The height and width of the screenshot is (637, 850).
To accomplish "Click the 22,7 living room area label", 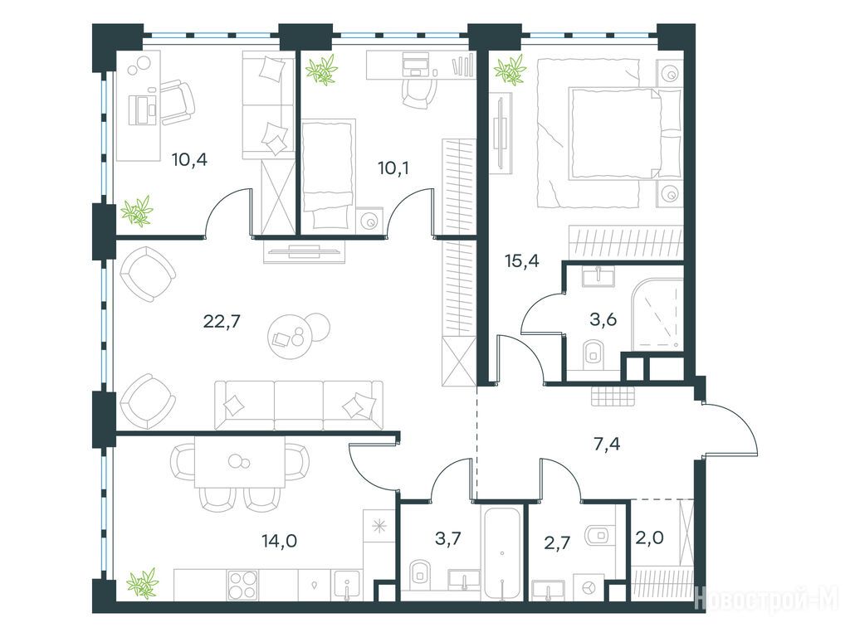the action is pos(221,322).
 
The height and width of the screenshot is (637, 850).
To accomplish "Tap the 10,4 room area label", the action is pos(190,160).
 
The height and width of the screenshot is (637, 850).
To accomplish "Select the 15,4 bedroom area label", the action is pos(521,261).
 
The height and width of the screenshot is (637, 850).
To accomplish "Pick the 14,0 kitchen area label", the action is pos(279,541).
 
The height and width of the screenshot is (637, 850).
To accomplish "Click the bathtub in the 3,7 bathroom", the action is pos(502,552).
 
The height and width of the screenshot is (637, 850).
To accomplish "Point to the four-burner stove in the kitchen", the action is pos(243,586).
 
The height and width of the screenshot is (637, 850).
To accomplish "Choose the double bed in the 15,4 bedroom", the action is pos(608,134).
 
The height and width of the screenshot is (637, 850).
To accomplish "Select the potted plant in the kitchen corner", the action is pos(142,583).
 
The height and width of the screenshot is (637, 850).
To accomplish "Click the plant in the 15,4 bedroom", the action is pos(510,71).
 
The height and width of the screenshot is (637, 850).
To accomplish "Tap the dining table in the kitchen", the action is pos(240,461).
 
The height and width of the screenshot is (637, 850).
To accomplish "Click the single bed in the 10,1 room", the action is pos(326,174).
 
